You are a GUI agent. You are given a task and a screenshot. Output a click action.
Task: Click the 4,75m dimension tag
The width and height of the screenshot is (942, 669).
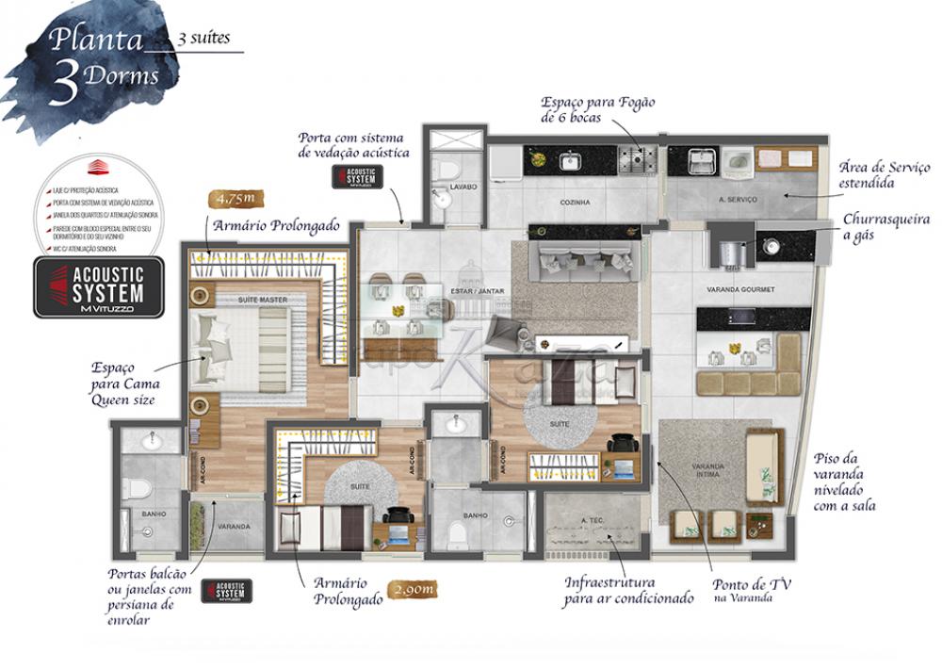click(235, 199)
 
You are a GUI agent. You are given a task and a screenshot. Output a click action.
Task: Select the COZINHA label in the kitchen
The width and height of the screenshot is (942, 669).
click(574, 202)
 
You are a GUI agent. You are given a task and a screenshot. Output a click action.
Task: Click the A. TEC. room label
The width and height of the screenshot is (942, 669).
click(592, 519)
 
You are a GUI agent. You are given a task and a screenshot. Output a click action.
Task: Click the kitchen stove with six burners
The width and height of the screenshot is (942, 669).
click(637, 159)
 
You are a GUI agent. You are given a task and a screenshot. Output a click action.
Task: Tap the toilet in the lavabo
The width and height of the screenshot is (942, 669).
click(448, 171)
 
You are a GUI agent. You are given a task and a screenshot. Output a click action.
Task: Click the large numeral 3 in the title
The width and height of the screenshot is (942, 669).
click(65, 87)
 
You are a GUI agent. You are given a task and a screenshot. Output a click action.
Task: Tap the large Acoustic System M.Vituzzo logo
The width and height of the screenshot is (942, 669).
click(99, 286)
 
